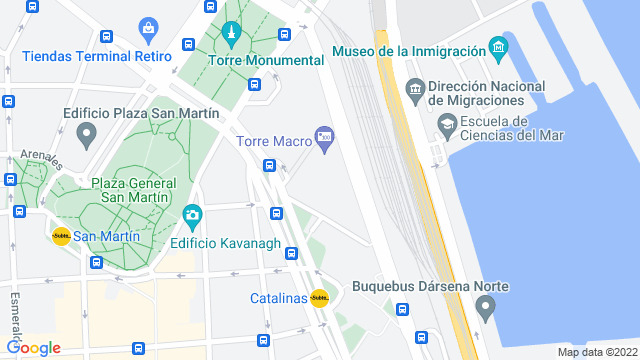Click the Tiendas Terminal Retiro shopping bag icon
tap(149, 27)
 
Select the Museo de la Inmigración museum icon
tap(498, 47)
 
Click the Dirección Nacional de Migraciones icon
tap(415, 91)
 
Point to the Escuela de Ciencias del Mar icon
tap(446, 125)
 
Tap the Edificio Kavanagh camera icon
tap(192, 215)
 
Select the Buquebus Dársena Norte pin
tap(486, 308)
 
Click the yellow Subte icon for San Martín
tap(61, 236)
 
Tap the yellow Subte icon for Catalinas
tap(320, 298)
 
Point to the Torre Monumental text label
tap(266, 60)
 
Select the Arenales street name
tap(41, 158)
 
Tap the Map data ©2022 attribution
tap(596, 352)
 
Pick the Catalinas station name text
tap(278, 298)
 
